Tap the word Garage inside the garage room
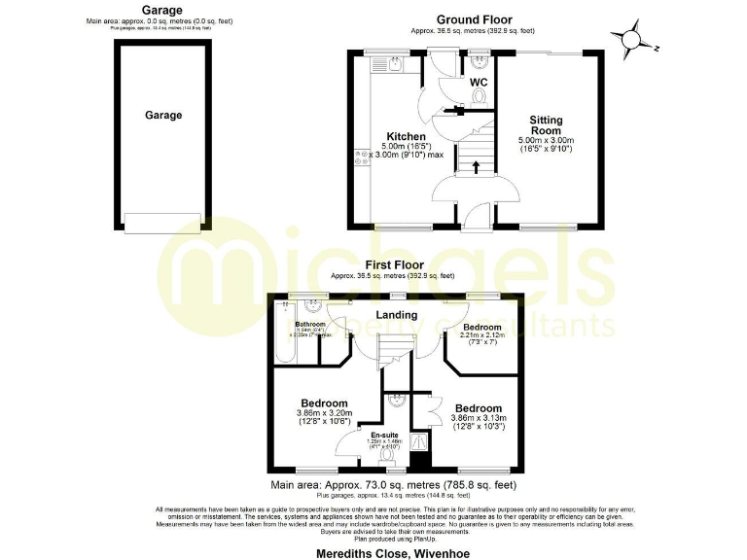[x=164, y=115]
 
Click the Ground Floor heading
[x=474, y=19]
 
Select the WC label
[x=479, y=84]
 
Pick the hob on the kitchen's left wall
[x=361, y=157]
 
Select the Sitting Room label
[x=546, y=125]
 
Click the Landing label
[x=397, y=315]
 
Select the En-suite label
[x=372, y=435]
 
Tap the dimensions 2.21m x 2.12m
[x=482, y=337]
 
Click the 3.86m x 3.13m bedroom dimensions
[x=478, y=421]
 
